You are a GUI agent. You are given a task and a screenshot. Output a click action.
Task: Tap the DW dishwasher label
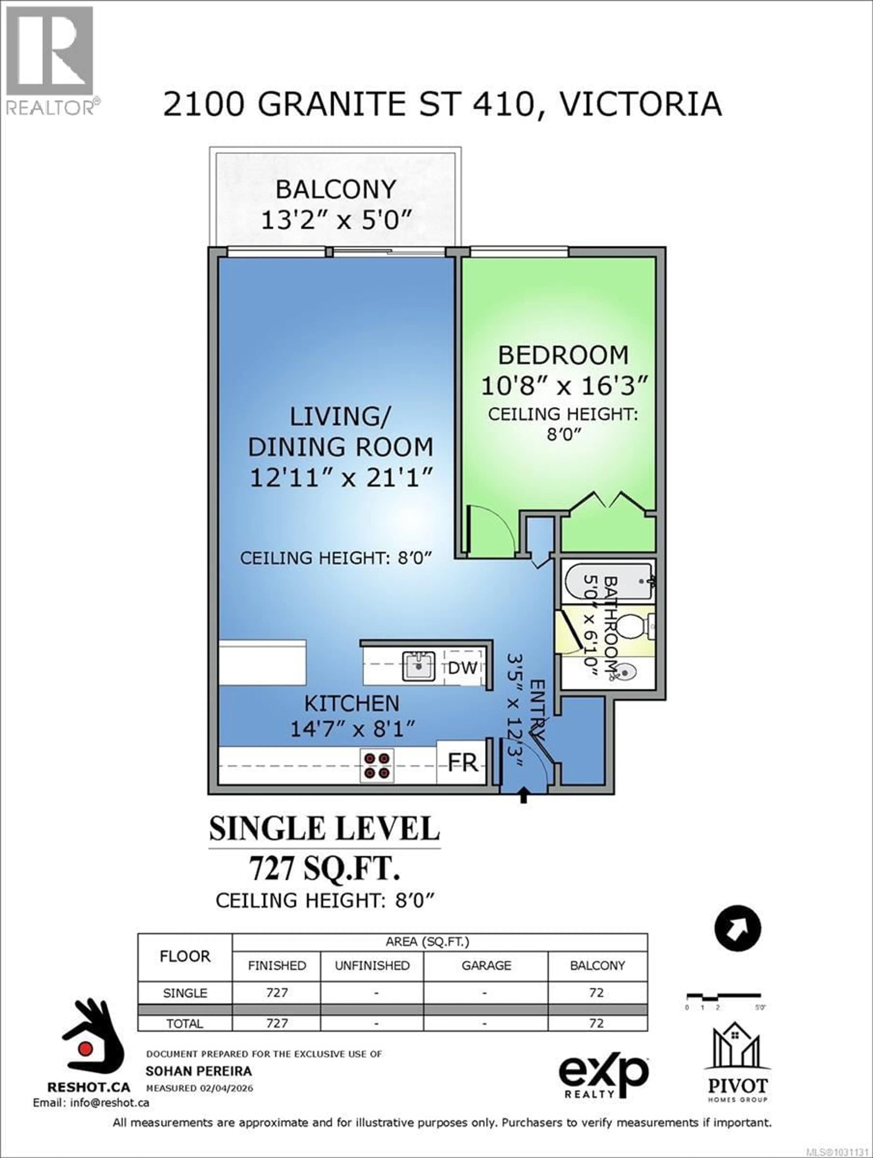click(463, 667)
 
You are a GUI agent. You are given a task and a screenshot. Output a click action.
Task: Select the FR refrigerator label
click(463, 763)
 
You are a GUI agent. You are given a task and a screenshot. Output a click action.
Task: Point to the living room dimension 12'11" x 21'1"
click(341, 478)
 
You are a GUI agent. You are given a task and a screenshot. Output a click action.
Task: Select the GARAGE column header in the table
click(486, 965)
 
